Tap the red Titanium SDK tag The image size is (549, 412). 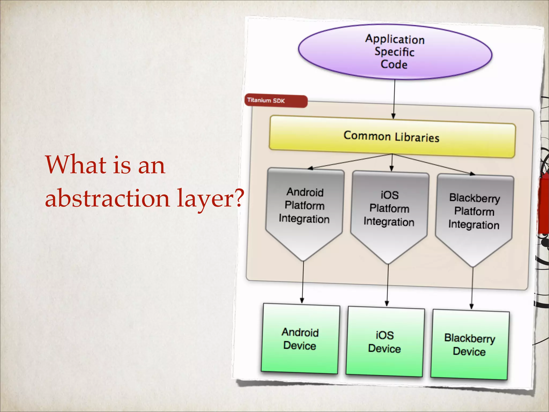pos(276,101)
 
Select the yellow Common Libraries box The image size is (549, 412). pos(392,137)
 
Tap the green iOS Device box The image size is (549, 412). pos(385,342)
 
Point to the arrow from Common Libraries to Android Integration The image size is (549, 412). pos(348,162)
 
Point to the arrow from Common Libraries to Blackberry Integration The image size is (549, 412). pos(434,164)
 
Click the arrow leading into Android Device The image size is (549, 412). pos(303,282)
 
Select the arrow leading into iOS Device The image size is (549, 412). pos(387,284)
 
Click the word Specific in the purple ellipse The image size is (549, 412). pos(395,51)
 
